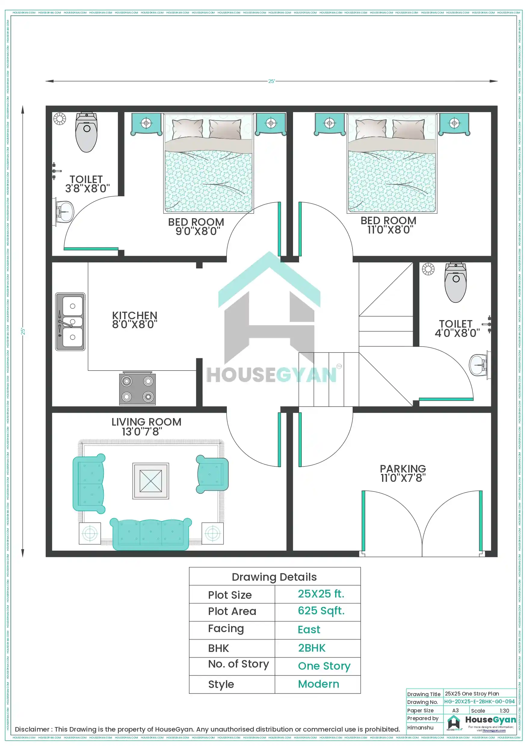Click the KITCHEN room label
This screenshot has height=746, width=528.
tap(134, 315)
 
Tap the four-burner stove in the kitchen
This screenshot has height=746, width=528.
tap(137, 389)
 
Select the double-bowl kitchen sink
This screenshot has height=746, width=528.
tap(70, 322)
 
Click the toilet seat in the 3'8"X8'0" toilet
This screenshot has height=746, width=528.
tap(86, 133)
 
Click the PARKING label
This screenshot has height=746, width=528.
tap(403, 469)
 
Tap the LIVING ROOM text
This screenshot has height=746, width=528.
tap(147, 422)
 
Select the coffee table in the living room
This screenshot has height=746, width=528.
tap(151, 481)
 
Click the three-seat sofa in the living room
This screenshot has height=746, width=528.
tap(151, 534)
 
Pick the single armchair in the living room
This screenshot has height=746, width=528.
tap(212, 474)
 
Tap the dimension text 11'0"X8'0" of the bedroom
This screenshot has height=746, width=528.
tap(390, 230)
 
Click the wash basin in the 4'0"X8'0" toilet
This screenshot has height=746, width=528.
tap(478, 365)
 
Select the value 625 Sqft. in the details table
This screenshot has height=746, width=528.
tap(321, 610)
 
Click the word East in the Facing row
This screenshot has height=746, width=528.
tap(309, 629)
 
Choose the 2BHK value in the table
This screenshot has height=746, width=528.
tap(312, 648)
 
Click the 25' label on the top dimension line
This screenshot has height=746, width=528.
tap(271, 81)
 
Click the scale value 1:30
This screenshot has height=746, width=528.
tap(504, 711)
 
